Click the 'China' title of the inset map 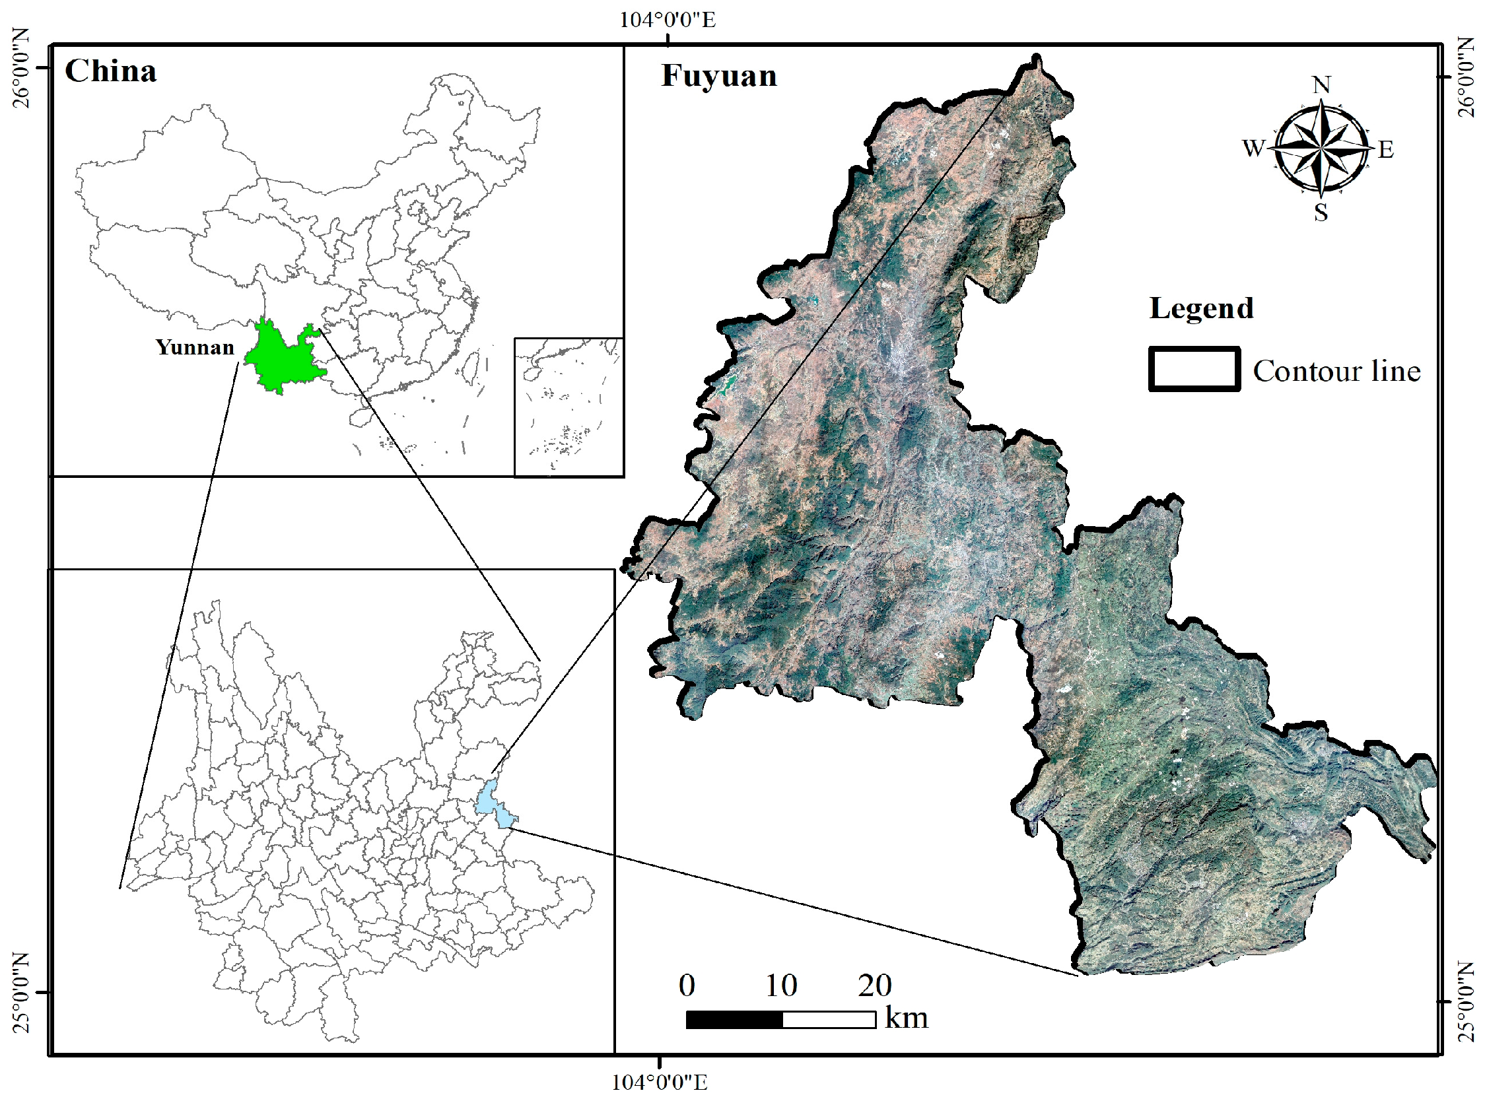click(110, 71)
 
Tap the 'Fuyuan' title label click(719, 75)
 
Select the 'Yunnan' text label click(194, 347)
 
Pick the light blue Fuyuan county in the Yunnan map click(495, 804)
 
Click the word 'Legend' click(1201, 308)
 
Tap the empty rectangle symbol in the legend click(1194, 368)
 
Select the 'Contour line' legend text click(1336, 371)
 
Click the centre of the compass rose click(1321, 148)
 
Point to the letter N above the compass click(1321, 85)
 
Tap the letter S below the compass click(1321, 213)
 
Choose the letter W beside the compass click(1253, 148)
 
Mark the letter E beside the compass click(1386, 150)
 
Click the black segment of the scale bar click(734, 1020)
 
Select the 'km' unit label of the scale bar click(906, 1019)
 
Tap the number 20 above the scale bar click(875, 986)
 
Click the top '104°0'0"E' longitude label click(667, 20)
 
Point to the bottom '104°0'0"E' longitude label click(659, 1083)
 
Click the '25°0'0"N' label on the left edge click(21, 992)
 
